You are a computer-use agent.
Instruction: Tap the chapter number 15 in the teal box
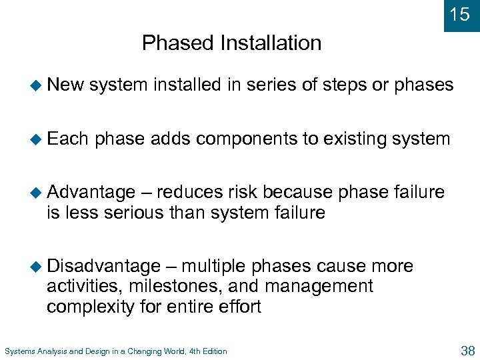pyautogui.click(x=460, y=15)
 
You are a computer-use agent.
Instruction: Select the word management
pyautogui.click(x=319, y=287)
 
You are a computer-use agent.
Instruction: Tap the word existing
pyautogui.click(x=359, y=139)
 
